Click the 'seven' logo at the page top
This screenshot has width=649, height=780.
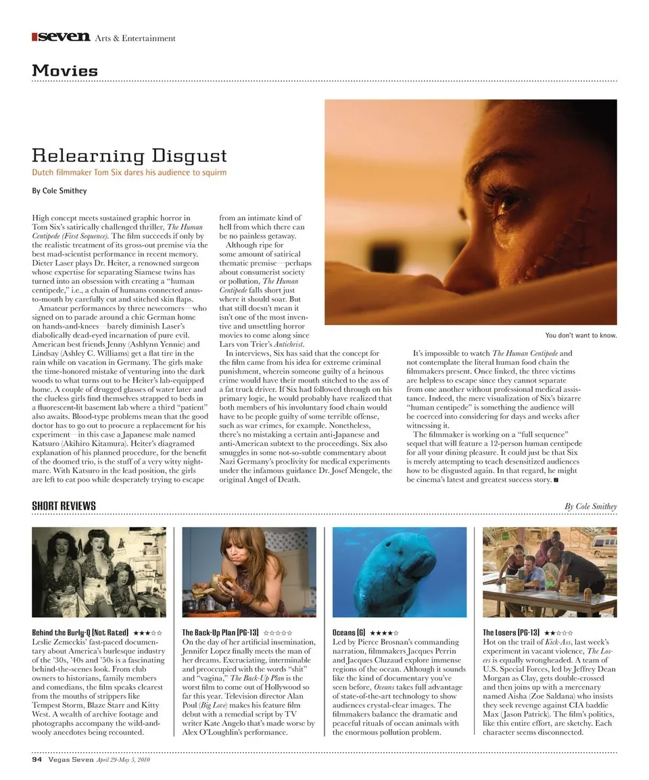pos(62,37)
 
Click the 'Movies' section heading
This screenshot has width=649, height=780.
pos(65,70)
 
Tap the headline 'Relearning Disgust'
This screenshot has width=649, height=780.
pos(129,155)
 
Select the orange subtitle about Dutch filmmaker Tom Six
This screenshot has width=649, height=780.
pos(129,173)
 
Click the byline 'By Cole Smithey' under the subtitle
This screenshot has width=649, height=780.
pos(59,191)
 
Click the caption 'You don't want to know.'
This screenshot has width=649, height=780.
pos(581,335)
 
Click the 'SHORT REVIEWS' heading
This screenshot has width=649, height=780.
pos(64,506)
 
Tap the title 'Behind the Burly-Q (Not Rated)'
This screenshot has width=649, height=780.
pos(80,632)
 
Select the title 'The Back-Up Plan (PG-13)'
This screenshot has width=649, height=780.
pos(220,632)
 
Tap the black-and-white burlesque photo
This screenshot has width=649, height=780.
pos(99,572)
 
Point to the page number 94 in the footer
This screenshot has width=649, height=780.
pos(37,760)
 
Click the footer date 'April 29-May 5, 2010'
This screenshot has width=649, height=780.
pos(123,760)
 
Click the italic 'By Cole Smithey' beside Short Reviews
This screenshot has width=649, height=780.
pos(590,506)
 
